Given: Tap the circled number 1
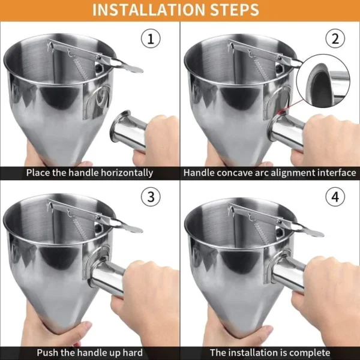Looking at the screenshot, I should pos(151,40).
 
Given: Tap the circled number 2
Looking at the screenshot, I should pos(335,40).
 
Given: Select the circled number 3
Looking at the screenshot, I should pos(151,196).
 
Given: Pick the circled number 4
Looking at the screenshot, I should pos(335,196).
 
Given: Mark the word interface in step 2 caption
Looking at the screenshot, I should pos(335,173).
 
